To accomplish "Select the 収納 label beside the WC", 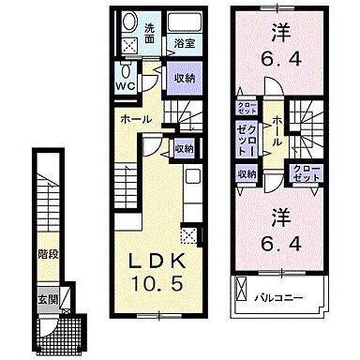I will point(183,80).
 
